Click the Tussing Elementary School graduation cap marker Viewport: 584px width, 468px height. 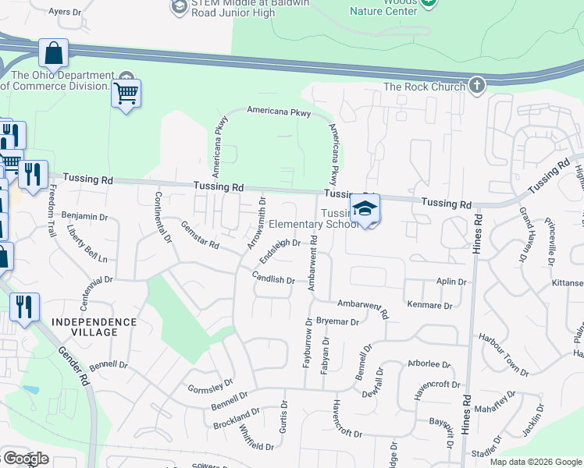click(x=365, y=207)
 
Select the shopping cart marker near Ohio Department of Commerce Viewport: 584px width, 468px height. click(x=126, y=94)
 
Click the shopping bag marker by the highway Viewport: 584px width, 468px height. click(x=53, y=54)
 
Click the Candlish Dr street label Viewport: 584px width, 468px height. click(x=273, y=278)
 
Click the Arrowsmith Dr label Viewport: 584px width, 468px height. click(x=257, y=223)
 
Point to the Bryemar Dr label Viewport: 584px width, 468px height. click(x=338, y=321)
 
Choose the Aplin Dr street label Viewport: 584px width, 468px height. click(x=451, y=282)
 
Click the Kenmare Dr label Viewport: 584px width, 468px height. click(x=429, y=305)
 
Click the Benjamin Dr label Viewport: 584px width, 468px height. click(x=84, y=216)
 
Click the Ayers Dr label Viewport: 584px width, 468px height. click(x=65, y=12)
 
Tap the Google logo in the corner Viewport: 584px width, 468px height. click(x=25, y=459)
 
